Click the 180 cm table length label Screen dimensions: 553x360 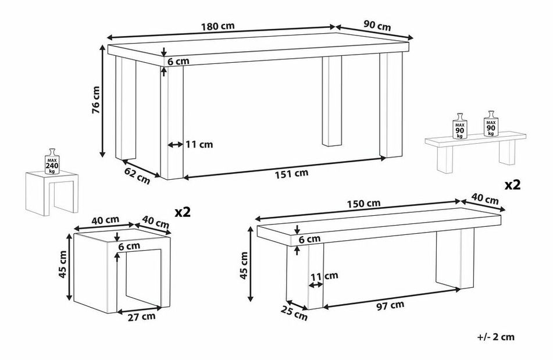coord(217,26)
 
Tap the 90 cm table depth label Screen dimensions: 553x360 coord(377,26)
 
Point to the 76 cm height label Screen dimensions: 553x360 coord(96,100)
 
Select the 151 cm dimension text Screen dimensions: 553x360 coord(291,173)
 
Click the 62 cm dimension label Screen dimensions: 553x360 coord(137,176)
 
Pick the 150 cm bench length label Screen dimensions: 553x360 coord(363,204)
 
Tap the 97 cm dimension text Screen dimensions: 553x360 coord(390,305)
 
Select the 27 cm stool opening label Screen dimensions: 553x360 coord(141,316)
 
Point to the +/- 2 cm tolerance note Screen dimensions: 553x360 coord(496,337)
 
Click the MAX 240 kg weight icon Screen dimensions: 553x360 coord(52,162)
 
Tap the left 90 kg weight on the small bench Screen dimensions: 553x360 coord(459,126)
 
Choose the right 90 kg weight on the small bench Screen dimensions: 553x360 coord(491,124)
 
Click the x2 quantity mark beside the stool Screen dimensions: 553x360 coord(183,212)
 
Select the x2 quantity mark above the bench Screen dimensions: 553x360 coord(512,185)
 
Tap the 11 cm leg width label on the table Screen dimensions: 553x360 coord(199,144)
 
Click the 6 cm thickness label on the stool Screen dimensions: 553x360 coord(129,246)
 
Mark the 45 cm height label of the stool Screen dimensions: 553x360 coord(62,265)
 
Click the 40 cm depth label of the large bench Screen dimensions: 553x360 coord(486,199)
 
